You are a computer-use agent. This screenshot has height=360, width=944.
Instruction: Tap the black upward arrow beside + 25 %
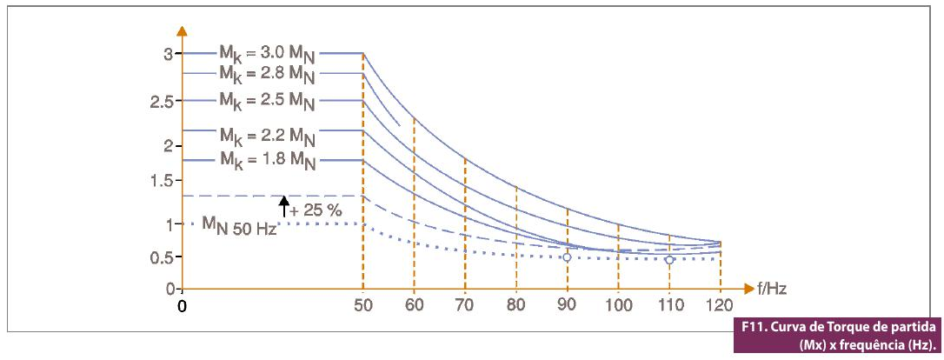point(283,206)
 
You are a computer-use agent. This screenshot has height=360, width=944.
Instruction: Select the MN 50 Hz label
point(240,226)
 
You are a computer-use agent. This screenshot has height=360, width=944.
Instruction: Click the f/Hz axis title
point(772,288)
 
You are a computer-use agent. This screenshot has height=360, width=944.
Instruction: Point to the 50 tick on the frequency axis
point(363,305)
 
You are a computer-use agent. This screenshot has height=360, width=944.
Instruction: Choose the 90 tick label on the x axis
point(568,305)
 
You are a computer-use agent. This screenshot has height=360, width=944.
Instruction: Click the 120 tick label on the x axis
point(720,305)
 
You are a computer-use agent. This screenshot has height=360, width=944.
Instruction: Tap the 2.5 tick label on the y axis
point(163,102)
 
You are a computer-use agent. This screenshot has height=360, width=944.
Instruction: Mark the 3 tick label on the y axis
point(168,54)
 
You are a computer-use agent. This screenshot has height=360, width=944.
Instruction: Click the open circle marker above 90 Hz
point(568,257)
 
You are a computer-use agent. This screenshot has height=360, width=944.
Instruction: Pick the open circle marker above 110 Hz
point(669,259)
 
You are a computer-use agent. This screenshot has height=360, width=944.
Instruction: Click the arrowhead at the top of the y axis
point(182,31)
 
